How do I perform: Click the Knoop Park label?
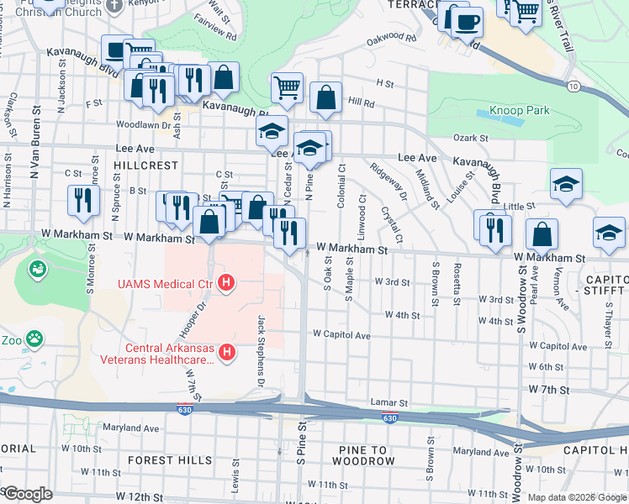(x=519, y=111)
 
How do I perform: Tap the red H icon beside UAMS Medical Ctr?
(x=225, y=284)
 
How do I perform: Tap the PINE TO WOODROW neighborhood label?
(x=366, y=454)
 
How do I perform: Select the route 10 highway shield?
(x=573, y=87)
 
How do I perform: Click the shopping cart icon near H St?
(x=288, y=87)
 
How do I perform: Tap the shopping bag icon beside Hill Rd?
(x=325, y=97)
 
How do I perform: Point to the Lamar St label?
(x=389, y=403)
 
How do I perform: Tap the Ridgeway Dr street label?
(x=394, y=182)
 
